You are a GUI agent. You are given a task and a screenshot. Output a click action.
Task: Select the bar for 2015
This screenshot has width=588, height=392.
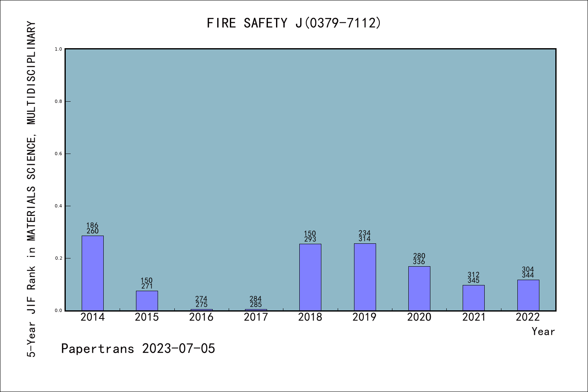pyautogui.click(x=147, y=301)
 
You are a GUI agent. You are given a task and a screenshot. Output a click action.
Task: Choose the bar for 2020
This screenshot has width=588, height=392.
pyautogui.click(x=419, y=288)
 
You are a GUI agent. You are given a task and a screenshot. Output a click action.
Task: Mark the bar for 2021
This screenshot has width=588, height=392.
pyautogui.click(x=474, y=298)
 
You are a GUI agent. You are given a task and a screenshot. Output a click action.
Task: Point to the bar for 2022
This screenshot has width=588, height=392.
pyautogui.click(x=528, y=295)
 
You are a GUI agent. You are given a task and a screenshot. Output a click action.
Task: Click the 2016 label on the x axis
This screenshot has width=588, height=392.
pyautogui.click(x=201, y=317)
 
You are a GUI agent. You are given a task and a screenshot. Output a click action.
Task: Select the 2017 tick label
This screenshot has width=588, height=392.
pyautogui.click(x=256, y=317)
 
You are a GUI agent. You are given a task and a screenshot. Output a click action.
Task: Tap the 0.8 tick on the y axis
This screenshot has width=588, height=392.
pyautogui.click(x=58, y=101)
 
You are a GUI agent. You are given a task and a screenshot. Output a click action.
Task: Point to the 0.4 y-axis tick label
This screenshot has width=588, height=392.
pyautogui.click(x=58, y=206)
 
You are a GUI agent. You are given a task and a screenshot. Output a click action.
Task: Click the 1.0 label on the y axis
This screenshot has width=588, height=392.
pyautogui.click(x=58, y=49)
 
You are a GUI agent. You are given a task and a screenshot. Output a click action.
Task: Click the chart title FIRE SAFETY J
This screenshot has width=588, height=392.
pyautogui.click(x=294, y=23)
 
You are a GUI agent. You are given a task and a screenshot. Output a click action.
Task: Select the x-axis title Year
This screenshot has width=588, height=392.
pyautogui.click(x=543, y=332)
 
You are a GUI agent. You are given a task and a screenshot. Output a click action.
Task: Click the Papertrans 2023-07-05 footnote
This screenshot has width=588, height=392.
pyautogui.click(x=138, y=349)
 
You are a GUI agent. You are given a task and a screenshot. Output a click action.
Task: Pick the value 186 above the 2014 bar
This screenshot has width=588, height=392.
pyautogui.click(x=92, y=225)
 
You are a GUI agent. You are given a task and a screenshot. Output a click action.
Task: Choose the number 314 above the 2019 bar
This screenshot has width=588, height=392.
pyautogui.click(x=365, y=239)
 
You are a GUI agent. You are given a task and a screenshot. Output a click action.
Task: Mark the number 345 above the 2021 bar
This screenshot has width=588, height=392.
pyautogui.click(x=474, y=281)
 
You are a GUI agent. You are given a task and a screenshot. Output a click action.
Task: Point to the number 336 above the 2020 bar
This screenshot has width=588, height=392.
pyautogui.click(x=419, y=262)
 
